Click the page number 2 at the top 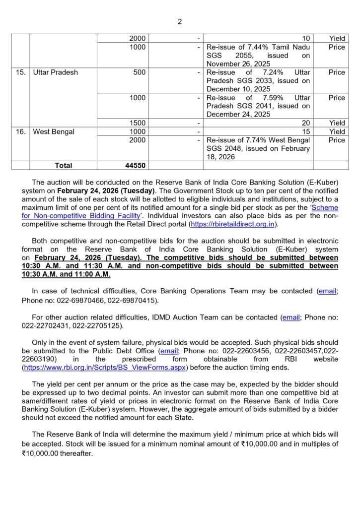point(180,21)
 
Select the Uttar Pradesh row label point(55,72)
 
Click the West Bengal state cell point(54,131)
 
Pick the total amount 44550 point(136,165)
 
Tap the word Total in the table point(63,165)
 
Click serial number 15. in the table point(20,72)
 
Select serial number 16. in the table point(20,131)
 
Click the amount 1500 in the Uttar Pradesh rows point(138,123)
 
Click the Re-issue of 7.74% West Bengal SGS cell point(258,148)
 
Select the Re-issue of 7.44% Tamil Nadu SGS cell point(258,56)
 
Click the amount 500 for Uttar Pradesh point(140,72)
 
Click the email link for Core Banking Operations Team point(327,291)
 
